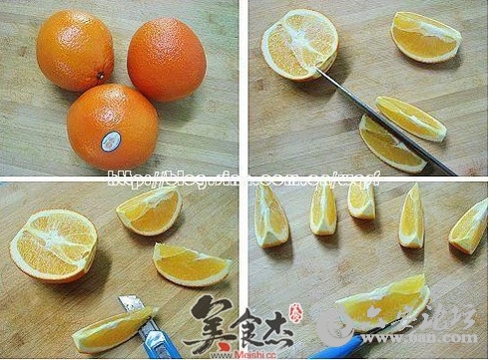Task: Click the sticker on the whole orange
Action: point(111,141)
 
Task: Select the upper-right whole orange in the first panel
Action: point(167,59)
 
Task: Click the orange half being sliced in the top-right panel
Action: point(298,43)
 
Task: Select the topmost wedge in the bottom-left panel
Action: point(150,210)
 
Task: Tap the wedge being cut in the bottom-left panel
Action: point(110,330)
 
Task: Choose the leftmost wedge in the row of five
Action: point(270,215)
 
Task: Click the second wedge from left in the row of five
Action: point(323,209)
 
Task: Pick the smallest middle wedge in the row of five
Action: point(361,200)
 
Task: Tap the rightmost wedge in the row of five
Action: point(469,226)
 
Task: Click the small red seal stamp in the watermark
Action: point(295,311)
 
